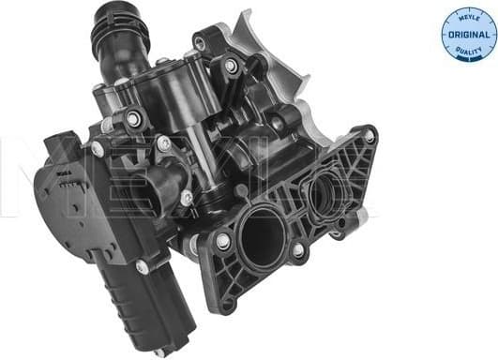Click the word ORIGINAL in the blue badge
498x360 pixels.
[x=469, y=36]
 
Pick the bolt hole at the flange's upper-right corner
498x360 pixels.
[x=370, y=137]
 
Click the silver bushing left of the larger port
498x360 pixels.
[x=223, y=242]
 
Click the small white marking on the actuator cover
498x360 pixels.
[x=63, y=172]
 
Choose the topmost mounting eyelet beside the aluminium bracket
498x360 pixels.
[x=199, y=43]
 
